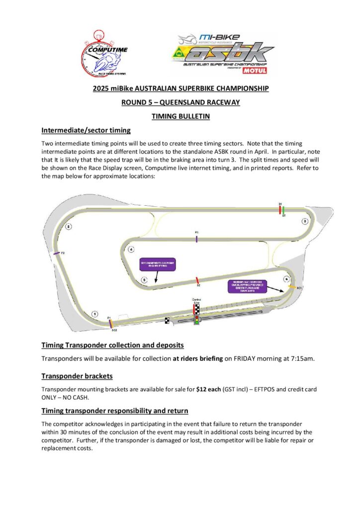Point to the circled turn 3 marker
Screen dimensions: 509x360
304,221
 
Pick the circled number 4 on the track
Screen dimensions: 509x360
131,249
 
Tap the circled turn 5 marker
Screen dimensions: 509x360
144,280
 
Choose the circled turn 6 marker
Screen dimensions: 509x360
286,279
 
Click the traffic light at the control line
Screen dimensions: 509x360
197,320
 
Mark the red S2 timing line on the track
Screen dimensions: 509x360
198,281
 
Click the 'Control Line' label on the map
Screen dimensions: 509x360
197,301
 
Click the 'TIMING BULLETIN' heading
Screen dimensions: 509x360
180,116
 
